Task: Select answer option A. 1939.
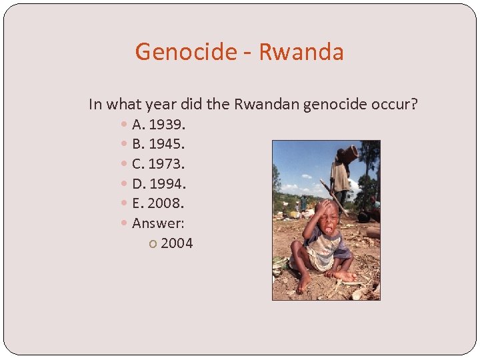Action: (159, 125)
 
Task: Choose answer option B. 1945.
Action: (159, 144)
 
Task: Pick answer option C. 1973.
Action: (159, 164)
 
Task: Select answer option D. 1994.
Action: (159, 183)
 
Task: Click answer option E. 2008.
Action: (158, 203)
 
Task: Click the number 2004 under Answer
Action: (177, 243)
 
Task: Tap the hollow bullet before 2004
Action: (153, 244)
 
